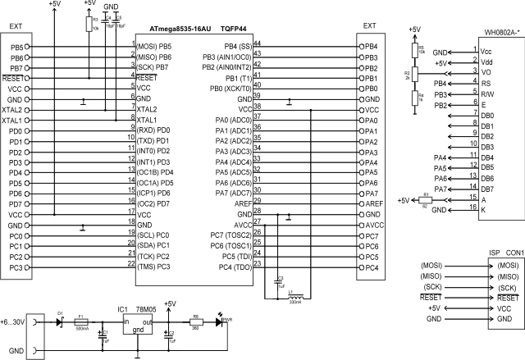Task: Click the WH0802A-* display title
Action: [500, 33]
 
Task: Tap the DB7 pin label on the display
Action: [488, 189]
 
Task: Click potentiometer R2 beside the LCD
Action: [414, 75]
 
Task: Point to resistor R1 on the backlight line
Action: [425, 199]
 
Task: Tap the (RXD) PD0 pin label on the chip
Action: [153, 130]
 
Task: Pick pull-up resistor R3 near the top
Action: [89, 25]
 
